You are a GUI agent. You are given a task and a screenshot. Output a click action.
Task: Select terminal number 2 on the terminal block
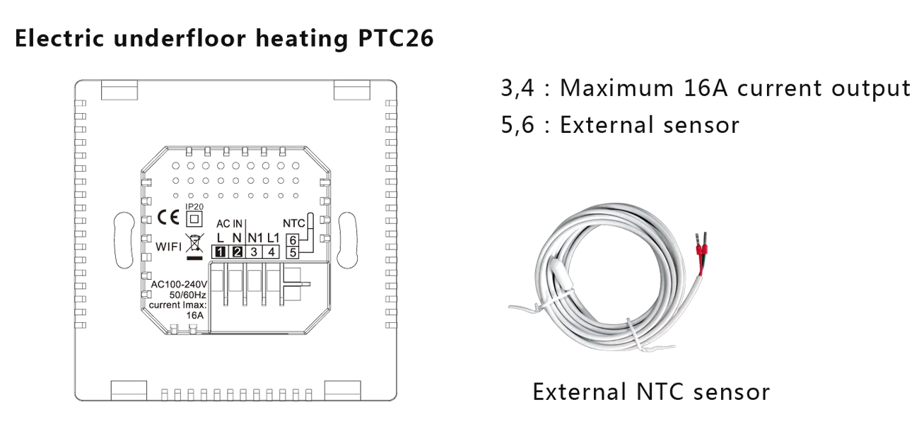(x=238, y=252)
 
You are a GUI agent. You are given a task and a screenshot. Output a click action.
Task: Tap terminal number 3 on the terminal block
(x=254, y=252)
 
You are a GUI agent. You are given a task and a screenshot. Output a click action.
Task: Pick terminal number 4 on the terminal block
(x=271, y=252)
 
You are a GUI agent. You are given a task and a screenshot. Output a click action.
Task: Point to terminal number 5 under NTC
(x=292, y=251)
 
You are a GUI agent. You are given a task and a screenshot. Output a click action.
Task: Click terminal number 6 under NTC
(x=292, y=240)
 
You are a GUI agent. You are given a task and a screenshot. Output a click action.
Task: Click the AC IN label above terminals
(x=230, y=223)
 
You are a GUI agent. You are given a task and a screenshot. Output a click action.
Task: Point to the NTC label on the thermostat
(x=293, y=223)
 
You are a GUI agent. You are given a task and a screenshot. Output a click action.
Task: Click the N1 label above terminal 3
(x=254, y=237)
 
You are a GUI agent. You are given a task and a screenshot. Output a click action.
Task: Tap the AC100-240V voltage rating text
(x=180, y=285)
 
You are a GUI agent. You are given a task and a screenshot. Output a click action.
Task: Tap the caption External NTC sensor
(x=650, y=392)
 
